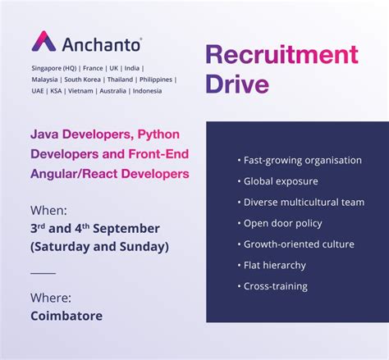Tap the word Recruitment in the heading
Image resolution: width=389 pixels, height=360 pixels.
pyautogui.click(x=281, y=55)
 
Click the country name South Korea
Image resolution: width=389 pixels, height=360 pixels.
pyautogui.click(x=84, y=80)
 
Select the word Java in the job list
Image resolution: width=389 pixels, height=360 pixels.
pyautogui.click(x=44, y=133)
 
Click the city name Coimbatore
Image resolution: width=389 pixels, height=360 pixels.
pyautogui.click(x=66, y=316)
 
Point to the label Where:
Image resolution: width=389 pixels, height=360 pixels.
pyautogui.click(x=51, y=297)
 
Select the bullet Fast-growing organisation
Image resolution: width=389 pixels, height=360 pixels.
pyautogui.click(x=298, y=159)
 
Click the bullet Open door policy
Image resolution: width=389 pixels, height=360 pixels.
pyautogui.click(x=282, y=223)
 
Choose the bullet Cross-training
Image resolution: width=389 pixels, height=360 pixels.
pyautogui.click(x=275, y=287)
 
